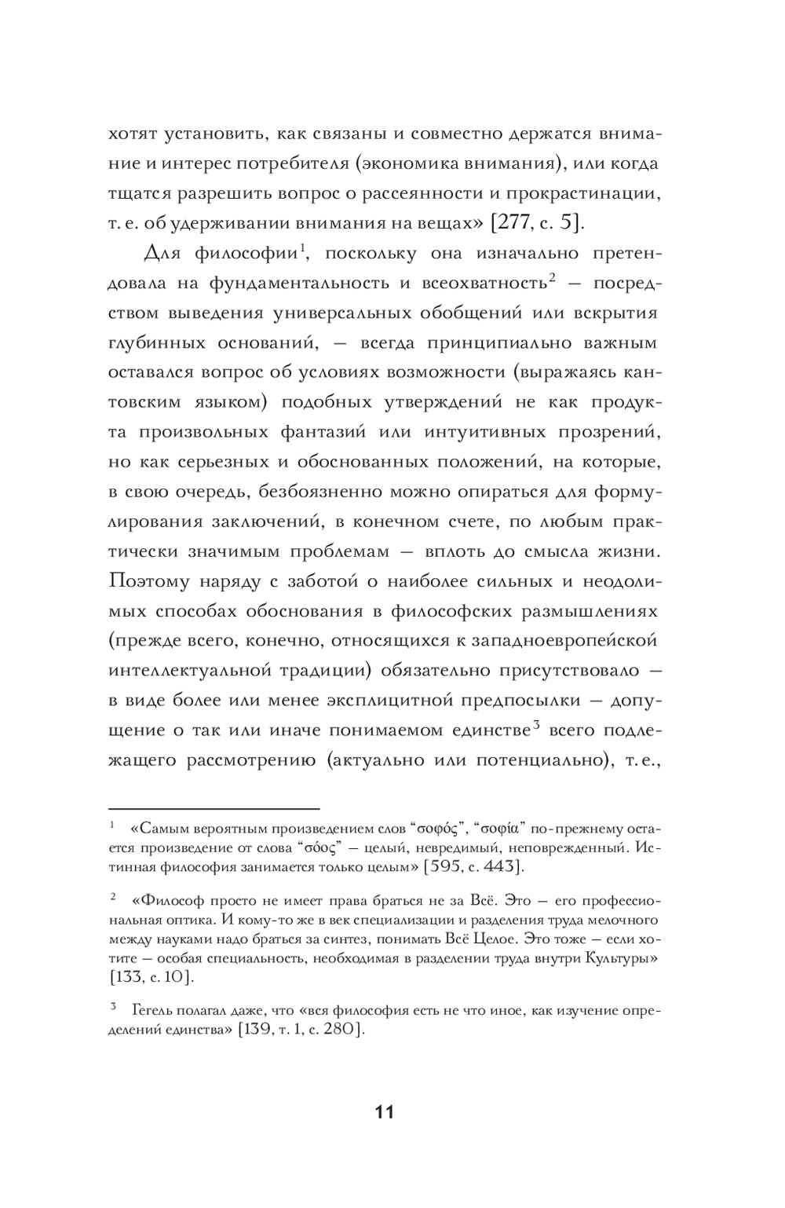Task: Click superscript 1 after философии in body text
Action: coord(301,249)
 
